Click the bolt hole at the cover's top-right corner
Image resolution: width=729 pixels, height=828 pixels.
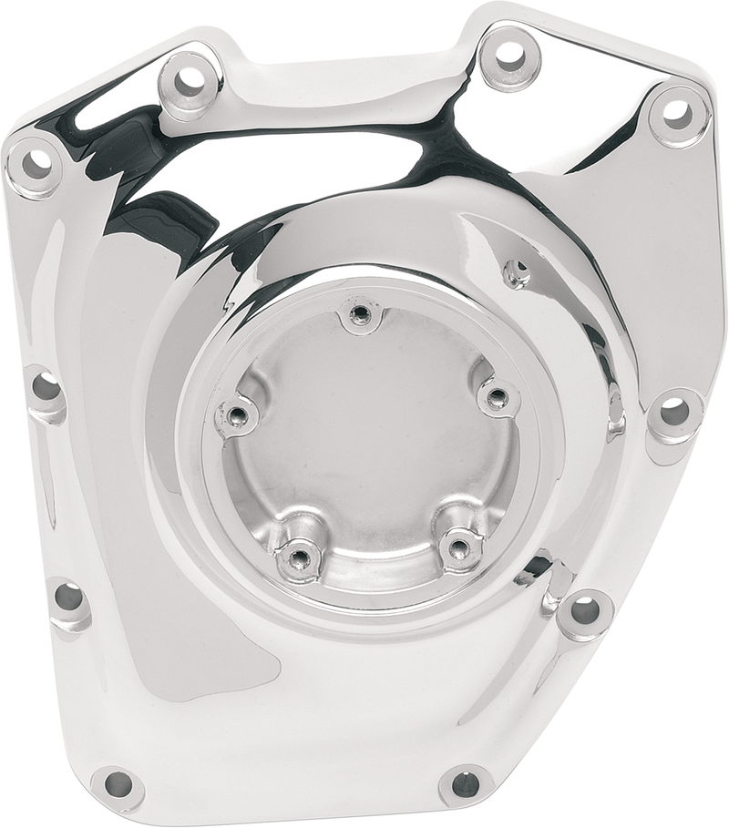(675, 111)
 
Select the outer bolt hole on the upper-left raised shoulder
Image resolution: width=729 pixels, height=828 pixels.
(190, 78)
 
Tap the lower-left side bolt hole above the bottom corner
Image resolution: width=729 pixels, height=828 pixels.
(69, 598)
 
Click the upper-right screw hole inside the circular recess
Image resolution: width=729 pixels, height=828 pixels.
(497, 396)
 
